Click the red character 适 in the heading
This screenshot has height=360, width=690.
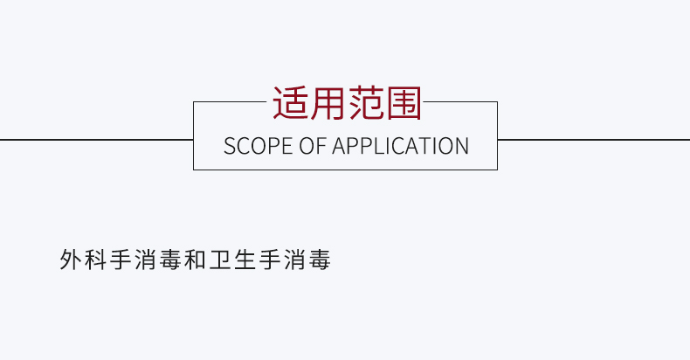[x=291, y=103]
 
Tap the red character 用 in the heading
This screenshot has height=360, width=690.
[x=328, y=103]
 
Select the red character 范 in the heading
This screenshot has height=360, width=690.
[x=366, y=103]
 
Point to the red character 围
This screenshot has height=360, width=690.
[x=404, y=103]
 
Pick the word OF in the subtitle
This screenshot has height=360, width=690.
[x=313, y=146]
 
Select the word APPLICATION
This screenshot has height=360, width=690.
[x=400, y=146]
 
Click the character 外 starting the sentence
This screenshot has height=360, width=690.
[x=71, y=260]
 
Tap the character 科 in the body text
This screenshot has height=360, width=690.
[x=95, y=260]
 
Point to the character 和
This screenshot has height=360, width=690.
[x=195, y=260]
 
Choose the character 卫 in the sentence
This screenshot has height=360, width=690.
[x=220, y=260]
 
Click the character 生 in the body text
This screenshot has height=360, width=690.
[x=245, y=260]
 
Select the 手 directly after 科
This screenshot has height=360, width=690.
[x=121, y=260]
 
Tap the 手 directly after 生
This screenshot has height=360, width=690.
[x=270, y=260]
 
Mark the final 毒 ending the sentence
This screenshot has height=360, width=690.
[x=320, y=260]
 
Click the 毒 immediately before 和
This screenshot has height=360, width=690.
[x=170, y=260]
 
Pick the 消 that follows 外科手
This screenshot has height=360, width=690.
[x=145, y=260]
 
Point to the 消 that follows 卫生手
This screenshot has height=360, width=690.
[x=294, y=260]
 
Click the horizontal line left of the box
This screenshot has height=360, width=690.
[x=96, y=140]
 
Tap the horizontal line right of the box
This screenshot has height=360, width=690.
[x=594, y=140]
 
